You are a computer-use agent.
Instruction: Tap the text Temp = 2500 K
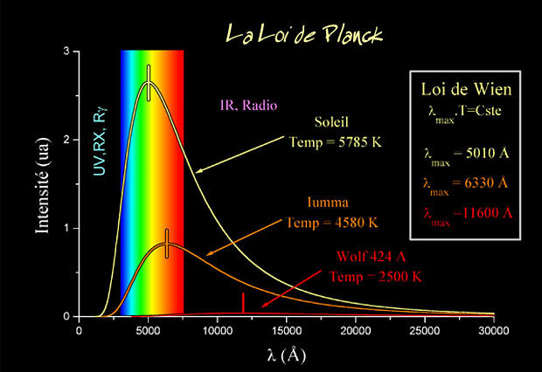click(377, 277)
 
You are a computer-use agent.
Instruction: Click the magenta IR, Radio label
click(248, 107)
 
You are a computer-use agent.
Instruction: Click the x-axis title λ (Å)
click(287, 356)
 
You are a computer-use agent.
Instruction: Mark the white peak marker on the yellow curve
click(149, 82)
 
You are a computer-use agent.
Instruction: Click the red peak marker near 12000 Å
click(243, 302)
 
